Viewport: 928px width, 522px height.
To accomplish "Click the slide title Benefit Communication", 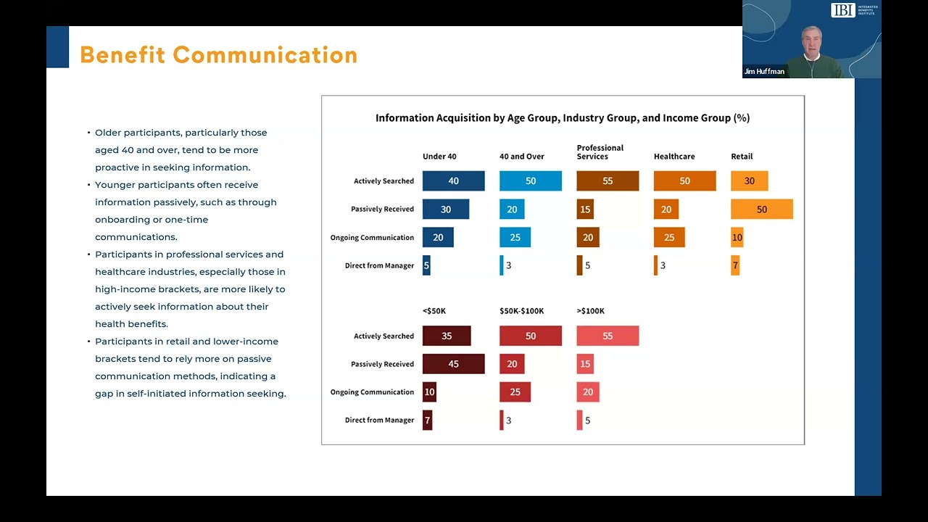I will pos(218,55).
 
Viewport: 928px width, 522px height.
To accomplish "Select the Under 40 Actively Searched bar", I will pos(453,181).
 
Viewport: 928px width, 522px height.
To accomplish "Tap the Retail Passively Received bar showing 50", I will pos(761,210).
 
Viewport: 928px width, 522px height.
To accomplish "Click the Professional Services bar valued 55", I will pos(608,181).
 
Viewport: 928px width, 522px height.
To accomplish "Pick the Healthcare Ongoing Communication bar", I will pos(669,238).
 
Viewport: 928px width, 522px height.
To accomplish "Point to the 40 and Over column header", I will pos(521,157).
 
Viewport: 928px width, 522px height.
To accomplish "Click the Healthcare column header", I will pos(674,157).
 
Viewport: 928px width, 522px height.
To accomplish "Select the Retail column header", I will pos(742,157).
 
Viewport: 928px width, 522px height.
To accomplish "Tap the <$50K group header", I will pos(434,311).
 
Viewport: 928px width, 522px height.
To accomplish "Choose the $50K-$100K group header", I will pos(521,311).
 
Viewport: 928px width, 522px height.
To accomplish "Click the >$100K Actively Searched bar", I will pos(608,336).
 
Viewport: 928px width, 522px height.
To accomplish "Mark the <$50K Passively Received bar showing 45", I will pos(453,364).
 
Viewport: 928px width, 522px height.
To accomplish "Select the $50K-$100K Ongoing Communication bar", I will pos(515,392).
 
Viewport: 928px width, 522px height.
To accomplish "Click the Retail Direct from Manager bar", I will pos(735,266).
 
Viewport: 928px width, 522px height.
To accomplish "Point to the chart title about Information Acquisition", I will pos(562,117).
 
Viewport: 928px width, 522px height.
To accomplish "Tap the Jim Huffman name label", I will pos(764,72).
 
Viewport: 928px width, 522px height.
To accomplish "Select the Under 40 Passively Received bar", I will pos(445,210).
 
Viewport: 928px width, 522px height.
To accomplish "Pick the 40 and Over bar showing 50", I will pos(530,181).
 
